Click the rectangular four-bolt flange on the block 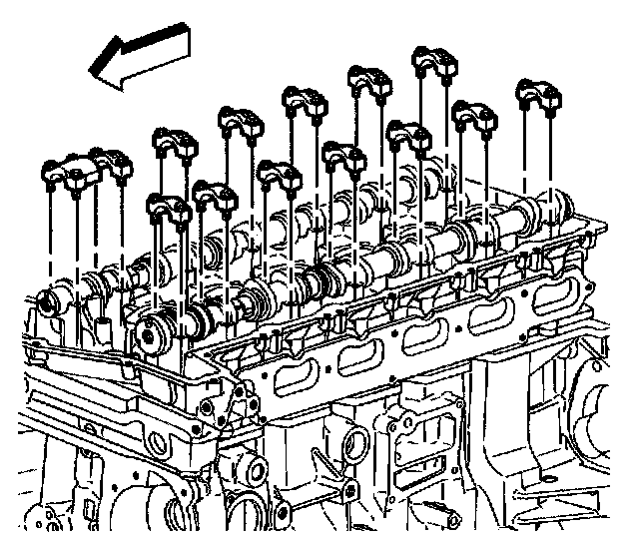(423, 419)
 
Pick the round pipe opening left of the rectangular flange (349, 440)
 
